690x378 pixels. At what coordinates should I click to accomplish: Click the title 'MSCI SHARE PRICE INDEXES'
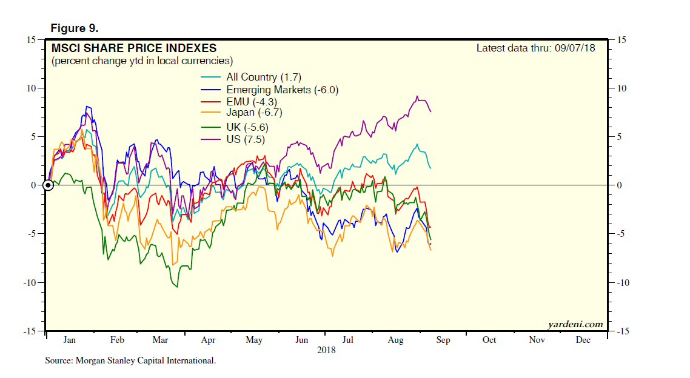133,48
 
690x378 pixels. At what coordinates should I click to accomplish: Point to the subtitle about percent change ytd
142,61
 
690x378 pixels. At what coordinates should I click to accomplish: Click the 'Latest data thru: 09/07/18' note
535,48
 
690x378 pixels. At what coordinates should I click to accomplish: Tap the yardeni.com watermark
575,324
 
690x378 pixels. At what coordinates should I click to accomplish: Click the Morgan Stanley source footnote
130,361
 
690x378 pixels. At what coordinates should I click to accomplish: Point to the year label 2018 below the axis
326,350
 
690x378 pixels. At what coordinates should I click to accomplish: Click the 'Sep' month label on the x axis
443,340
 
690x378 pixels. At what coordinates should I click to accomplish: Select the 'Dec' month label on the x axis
583,340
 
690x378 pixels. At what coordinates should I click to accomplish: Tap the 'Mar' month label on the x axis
161,340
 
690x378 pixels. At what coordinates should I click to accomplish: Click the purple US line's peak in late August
417,96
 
